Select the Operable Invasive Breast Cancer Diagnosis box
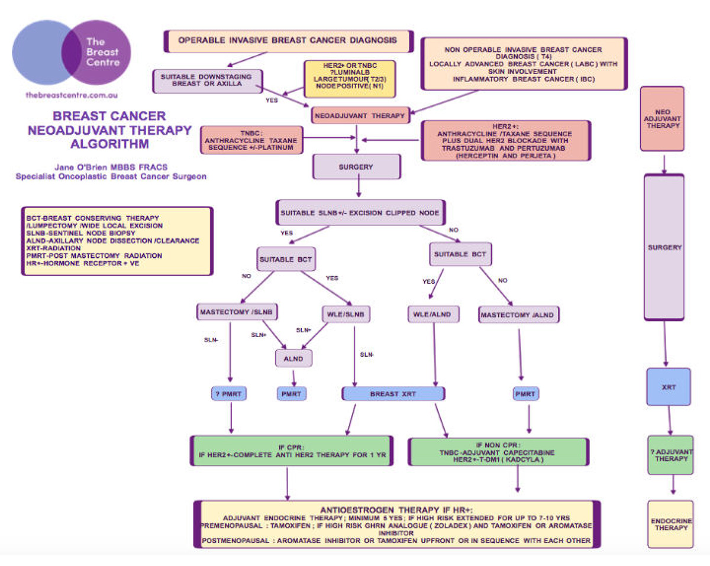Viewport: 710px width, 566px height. pyautogui.click(x=288, y=41)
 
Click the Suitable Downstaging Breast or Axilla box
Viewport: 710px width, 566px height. pyautogui.click(x=207, y=81)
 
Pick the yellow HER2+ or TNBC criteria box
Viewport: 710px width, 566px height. pyautogui.click(x=349, y=79)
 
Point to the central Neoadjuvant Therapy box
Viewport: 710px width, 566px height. pyautogui.click(x=360, y=116)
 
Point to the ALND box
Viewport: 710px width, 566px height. pyautogui.click(x=293, y=358)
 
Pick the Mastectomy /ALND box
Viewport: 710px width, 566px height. pyautogui.click(x=519, y=314)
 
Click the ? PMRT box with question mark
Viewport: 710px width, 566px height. pyautogui.click(x=230, y=394)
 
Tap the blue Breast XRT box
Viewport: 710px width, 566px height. pyautogui.click(x=393, y=394)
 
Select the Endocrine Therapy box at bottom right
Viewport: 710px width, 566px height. pyautogui.click(x=670, y=524)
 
